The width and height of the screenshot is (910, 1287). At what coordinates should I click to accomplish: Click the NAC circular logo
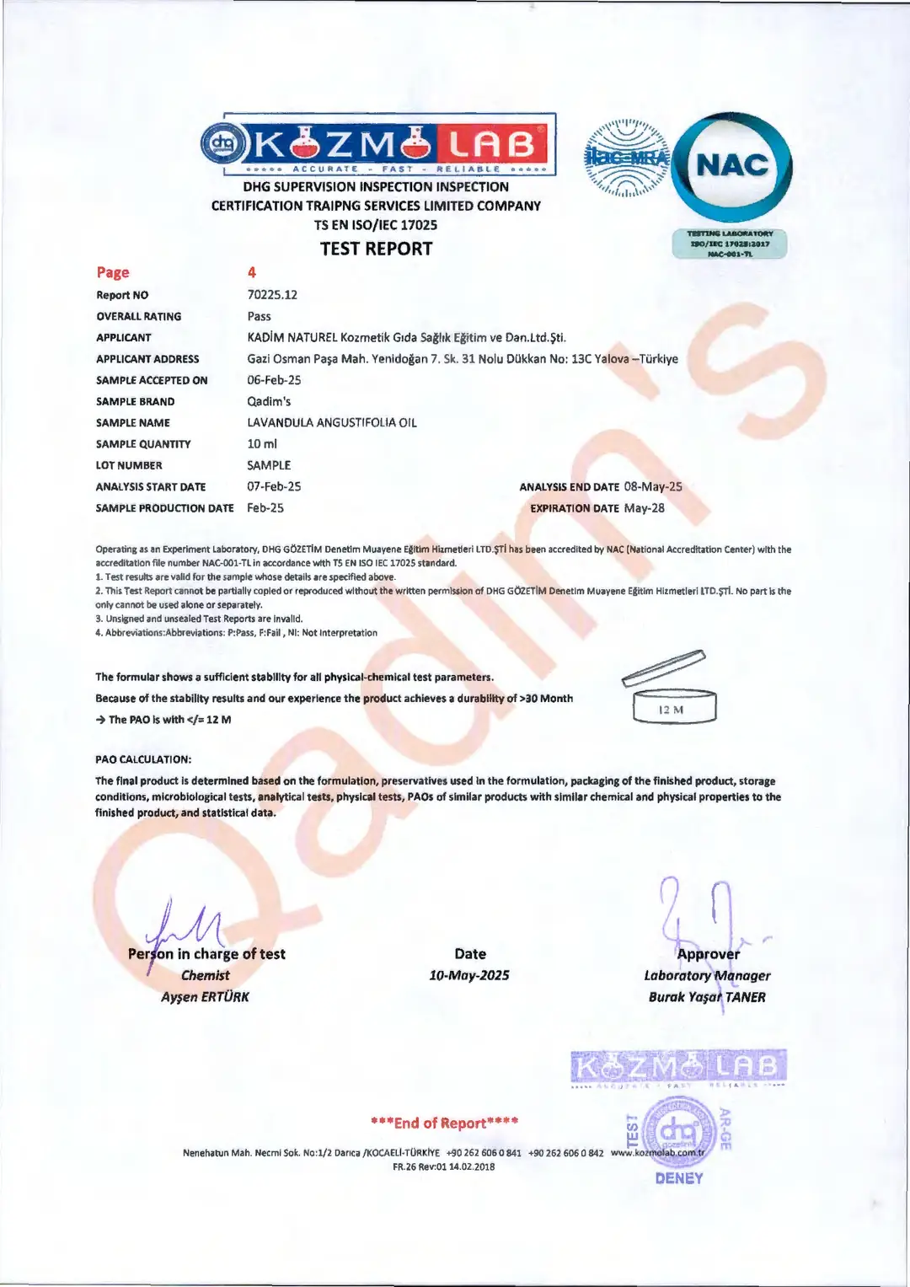[731, 165]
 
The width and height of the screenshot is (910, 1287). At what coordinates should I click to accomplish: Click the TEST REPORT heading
[376, 249]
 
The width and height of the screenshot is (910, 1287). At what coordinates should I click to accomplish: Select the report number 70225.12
[272, 295]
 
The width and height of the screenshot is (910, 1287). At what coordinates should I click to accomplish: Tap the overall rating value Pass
[259, 316]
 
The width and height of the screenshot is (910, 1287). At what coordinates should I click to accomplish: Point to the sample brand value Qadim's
[269, 401]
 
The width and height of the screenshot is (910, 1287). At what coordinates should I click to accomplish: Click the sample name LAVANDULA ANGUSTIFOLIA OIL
[332, 422]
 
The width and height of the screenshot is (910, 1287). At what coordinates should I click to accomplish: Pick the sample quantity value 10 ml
[262, 443]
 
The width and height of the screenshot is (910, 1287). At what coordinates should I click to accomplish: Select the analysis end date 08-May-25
[653, 486]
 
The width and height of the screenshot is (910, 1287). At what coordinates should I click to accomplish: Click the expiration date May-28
[644, 507]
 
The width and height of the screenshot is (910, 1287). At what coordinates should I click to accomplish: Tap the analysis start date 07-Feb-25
[274, 486]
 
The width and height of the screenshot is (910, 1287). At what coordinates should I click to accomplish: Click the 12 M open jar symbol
[672, 691]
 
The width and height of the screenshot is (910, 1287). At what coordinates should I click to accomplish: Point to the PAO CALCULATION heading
[143, 759]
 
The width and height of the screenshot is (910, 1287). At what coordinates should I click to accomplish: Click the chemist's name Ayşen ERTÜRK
[206, 997]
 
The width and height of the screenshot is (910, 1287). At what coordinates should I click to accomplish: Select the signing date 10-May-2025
[469, 975]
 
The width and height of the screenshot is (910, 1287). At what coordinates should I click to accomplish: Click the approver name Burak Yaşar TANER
[707, 997]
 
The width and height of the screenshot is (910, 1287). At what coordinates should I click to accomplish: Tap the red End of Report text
[444, 1123]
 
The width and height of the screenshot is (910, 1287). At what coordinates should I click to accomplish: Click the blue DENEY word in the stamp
[678, 1178]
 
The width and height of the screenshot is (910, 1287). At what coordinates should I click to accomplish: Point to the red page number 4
[252, 272]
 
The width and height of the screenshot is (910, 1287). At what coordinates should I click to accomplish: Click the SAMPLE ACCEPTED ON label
[152, 380]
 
